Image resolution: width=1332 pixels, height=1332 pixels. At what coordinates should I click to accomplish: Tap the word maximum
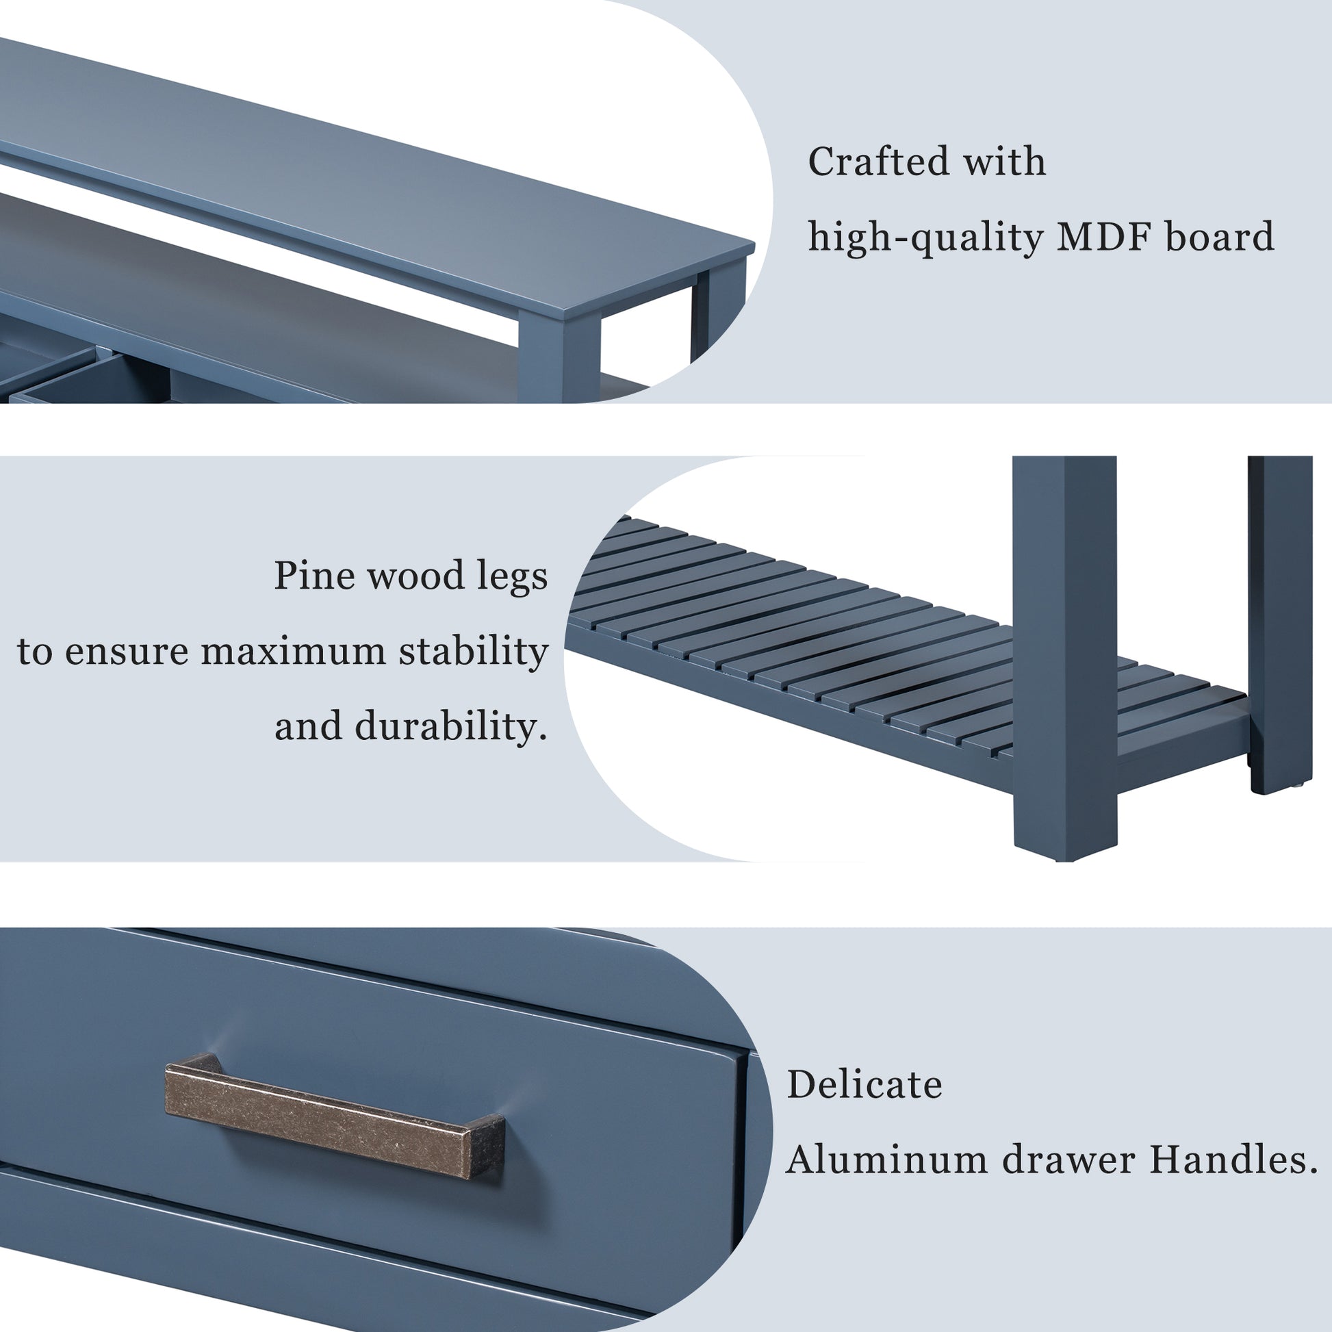pyautogui.click(x=294, y=651)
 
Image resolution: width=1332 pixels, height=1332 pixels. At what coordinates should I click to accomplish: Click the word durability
pyautogui.click(x=446, y=727)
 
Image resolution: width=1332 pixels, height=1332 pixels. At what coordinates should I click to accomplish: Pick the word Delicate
pyautogui.click(x=864, y=1084)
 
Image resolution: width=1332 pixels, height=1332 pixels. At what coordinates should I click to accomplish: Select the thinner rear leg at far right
pyautogui.click(x=1279, y=621)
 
